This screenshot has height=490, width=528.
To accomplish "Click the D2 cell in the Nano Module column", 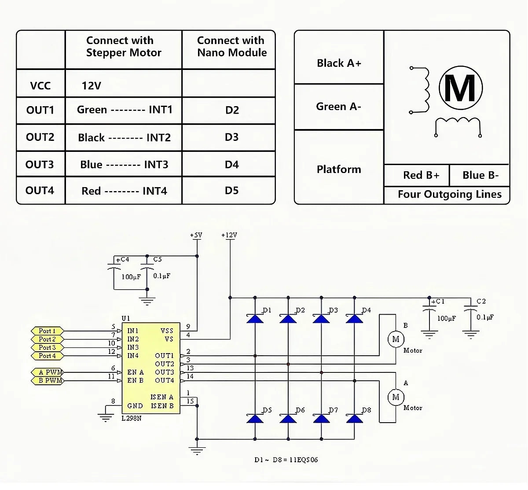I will pos(231,110).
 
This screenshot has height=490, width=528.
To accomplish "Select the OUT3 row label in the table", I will pos(40,164).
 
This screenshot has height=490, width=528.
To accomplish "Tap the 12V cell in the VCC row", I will pos(92,85).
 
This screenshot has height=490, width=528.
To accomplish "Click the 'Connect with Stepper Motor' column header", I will pos(124,47).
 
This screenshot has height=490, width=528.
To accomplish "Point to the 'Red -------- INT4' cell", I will pos(124,191).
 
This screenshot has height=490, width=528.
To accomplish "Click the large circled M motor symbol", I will pos(460,88).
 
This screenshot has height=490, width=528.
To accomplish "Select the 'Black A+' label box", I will pos(339,63).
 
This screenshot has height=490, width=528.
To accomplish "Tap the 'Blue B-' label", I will pos(480,175).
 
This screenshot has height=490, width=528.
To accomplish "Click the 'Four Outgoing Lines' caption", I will pos(449,194).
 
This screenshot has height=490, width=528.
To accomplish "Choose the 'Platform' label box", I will pos(339,169).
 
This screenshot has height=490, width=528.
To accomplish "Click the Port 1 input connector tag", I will pos(48,331).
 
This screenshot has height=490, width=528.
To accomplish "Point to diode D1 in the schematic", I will pos(255,318).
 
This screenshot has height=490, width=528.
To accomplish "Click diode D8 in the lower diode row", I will pos(355,418).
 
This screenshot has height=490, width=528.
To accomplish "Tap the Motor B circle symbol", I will pos(396,339).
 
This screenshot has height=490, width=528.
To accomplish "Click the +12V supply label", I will pos(229,235).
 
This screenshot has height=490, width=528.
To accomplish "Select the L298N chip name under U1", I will pos(132,418).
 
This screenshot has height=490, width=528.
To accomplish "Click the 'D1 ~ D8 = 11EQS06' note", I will pos(286,460).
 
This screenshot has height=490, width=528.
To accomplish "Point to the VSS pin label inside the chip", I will pos(167,331).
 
